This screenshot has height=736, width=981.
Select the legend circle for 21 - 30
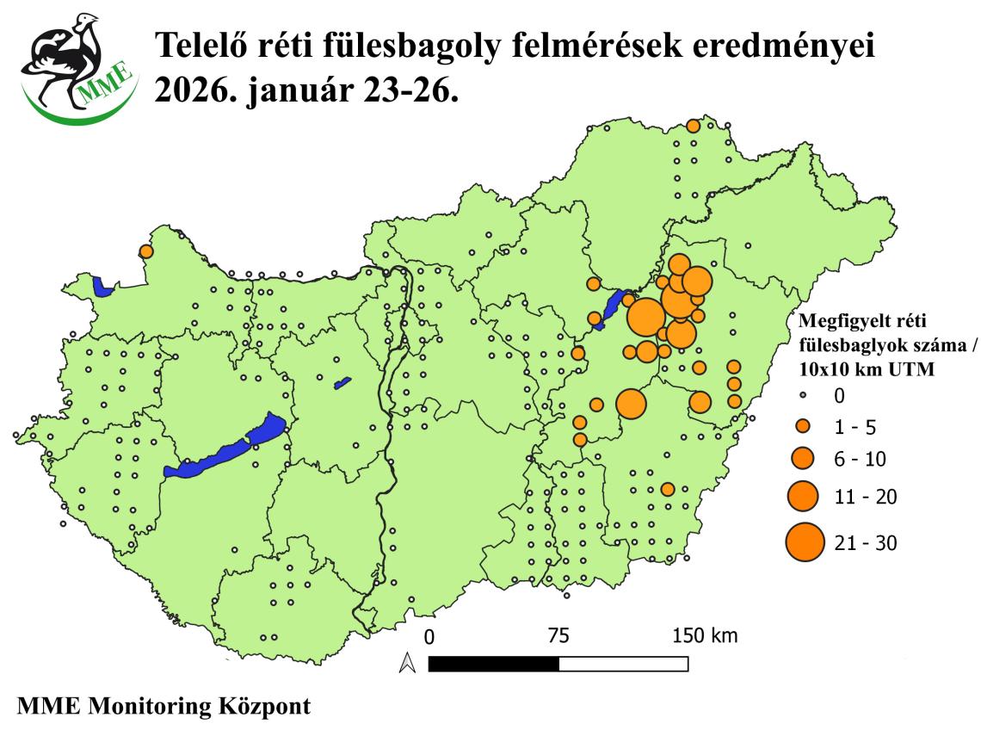tap(804, 542)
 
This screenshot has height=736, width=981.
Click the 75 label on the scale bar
tap(558, 637)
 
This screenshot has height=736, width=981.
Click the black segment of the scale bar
tap(493, 664)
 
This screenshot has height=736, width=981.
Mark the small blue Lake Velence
tap(342, 380)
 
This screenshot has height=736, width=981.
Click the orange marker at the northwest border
tap(145, 251)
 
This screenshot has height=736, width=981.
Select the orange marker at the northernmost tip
tap(693, 127)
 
